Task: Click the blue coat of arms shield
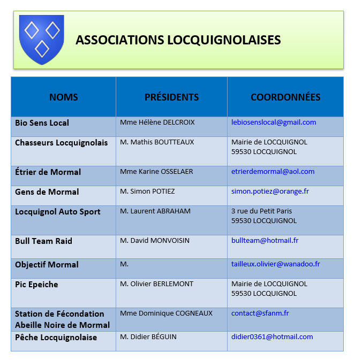[41, 39]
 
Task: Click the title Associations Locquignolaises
[178, 40]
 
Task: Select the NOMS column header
[63, 97]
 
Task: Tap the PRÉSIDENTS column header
[171, 97]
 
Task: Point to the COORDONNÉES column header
[285, 97]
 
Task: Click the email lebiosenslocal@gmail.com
[274, 122]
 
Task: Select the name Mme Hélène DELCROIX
[157, 122]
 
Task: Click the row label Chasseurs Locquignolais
[61, 143]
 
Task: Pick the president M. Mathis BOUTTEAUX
[157, 142]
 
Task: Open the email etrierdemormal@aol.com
[273, 172]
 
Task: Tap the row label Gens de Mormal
[47, 192]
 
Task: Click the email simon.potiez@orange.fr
[270, 192]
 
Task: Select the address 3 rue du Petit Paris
[261, 211]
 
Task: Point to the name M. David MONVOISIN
[155, 241]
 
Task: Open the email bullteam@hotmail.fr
[265, 241]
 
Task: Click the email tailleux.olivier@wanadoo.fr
[275, 264]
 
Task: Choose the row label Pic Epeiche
[36, 285]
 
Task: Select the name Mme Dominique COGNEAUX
[166, 313]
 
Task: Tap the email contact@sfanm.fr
[260, 313]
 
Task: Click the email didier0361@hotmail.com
[272, 337]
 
